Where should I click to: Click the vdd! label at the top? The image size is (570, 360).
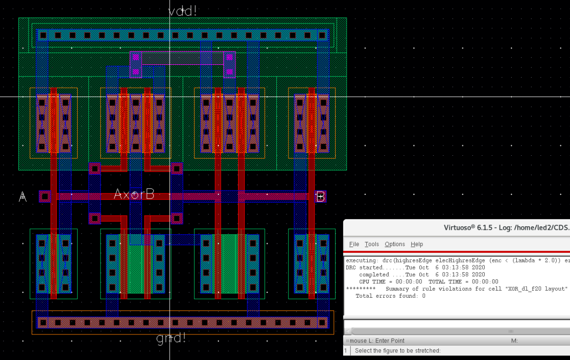pyautogui.click(x=182, y=11)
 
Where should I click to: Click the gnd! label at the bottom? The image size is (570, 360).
pyautogui.click(x=171, y=338)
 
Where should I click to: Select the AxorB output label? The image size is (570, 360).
pyautogui.click(x=134, y=195)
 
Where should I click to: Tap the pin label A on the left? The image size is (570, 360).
pyautogui.click(x=22, y=197)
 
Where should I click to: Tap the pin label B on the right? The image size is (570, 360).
pyautogui.click(x=320, y=197)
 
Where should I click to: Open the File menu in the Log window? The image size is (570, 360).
pyautogui.click(x=354, y=244)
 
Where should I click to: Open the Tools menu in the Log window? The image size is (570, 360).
pyautogui.click(x=372, y=244)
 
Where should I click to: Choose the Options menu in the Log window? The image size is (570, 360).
pyautogui.click(x=395, y=244)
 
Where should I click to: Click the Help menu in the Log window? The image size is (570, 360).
pyautogui.click(x=417, y=244)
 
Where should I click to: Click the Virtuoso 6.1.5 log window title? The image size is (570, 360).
pyautogui.click(x=506, y=228)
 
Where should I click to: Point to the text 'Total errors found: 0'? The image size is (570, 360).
pyautogui.click(x=390, y=296)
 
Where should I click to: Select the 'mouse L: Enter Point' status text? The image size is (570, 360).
pyautogui.click(x=377, y=341)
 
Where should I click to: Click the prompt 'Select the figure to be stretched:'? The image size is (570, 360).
pyautogui.click(x=397, y=351)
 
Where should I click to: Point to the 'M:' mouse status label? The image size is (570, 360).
pyautogui.click(x=514, y=341)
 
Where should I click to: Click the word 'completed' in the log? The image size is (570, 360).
pyautogui.click(x=374, y=275)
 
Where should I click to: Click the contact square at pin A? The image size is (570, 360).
pyautogui.click(x=44, y=196)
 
